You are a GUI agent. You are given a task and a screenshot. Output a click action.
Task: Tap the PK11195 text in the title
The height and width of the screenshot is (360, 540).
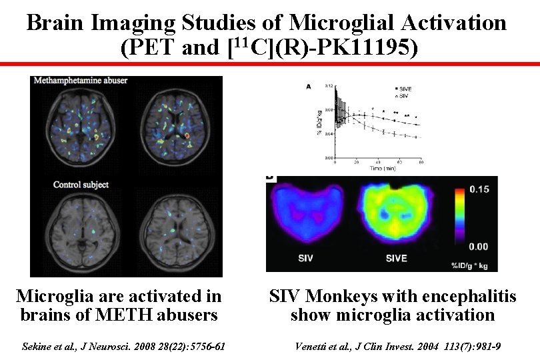click(x=369, y=48)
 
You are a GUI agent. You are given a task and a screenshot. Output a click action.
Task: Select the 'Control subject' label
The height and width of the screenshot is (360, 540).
click(x=81, y=184)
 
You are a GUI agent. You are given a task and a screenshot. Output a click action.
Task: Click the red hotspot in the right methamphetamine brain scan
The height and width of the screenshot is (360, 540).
click(x=189, y=137)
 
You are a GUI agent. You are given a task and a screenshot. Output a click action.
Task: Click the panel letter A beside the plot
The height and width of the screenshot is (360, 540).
click(x=308, y=86)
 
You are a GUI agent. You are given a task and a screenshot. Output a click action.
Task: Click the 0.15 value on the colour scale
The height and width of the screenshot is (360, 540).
click(x=478, y=189)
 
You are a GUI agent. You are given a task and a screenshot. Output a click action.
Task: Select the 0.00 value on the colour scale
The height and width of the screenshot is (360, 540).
click(x=478, y=247)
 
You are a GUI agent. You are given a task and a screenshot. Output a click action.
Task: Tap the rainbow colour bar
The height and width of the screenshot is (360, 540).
click(x=459, y=218)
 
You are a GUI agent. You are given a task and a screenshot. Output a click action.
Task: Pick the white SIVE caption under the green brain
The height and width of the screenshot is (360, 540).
click(x=396, y=259)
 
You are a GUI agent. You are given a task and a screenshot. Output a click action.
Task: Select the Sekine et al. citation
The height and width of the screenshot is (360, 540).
click(x=124, y=346)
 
